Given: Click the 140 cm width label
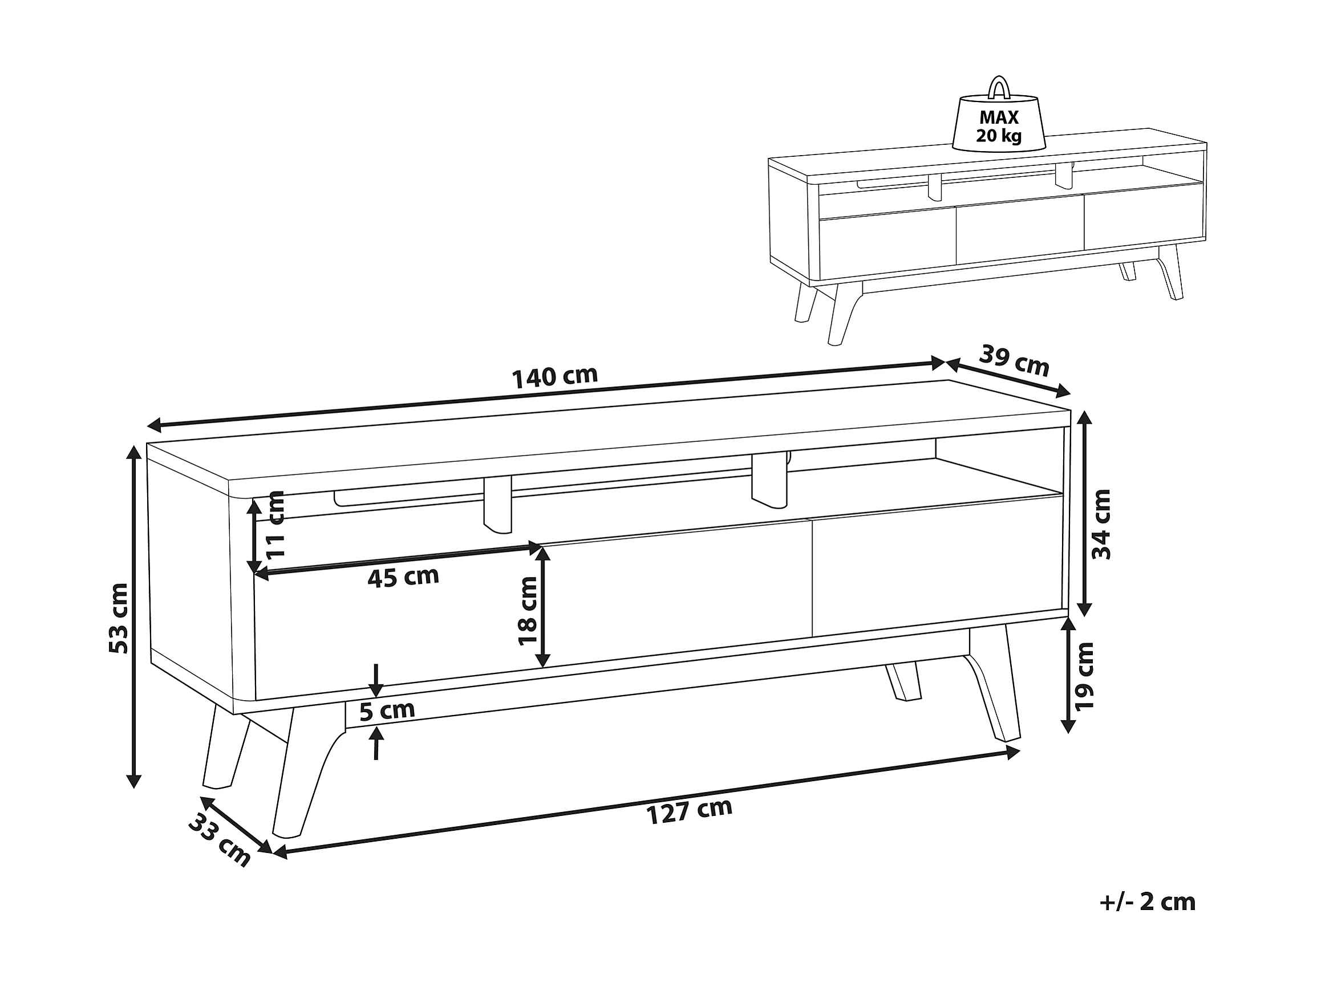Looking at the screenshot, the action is coord(554,376).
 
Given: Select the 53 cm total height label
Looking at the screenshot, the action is coord(119,618).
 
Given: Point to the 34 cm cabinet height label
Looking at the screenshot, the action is coord(1101,524).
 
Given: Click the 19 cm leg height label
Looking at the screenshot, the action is coord(1084,676).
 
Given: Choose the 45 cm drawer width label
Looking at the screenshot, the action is coord(403,576).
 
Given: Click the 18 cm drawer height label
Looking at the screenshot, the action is coord(528,611).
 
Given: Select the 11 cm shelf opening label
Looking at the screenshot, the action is coord(275,524).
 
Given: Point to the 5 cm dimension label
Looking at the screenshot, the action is coord(387,709).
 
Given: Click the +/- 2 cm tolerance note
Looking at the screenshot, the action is coord(1148,902).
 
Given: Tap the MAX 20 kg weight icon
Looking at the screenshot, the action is coord(999,122).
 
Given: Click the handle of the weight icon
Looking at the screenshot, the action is coord(999,87).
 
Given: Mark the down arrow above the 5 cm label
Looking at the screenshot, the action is coord(376,680).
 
